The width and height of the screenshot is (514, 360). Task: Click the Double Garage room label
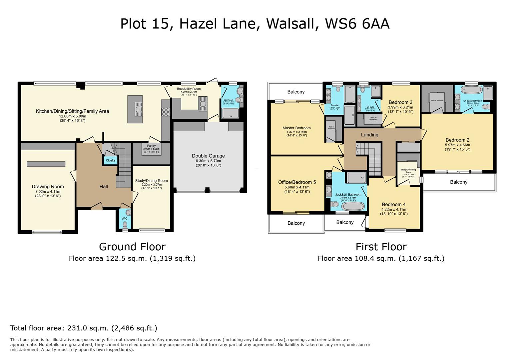[x=208, y=156]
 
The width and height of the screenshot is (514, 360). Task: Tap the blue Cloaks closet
[x=111, y=160]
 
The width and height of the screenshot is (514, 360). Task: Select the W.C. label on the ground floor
[x=125, y=219]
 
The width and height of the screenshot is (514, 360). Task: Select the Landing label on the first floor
[x=369, y=135]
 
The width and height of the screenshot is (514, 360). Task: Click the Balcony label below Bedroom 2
[x=458, y=182]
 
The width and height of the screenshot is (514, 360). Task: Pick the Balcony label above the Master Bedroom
[x=295, y=92]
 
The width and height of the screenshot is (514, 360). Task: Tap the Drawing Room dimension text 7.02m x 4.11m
[x=48, y=192]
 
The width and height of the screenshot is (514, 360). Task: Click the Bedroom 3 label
[x=400, y=102]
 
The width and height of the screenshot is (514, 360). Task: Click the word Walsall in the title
[x=290, y=24]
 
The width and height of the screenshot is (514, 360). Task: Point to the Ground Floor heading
[x=132, y=247]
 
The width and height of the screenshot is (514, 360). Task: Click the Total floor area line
[x=84, y=328]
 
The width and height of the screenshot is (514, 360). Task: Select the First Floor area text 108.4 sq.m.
[x=381, y=258]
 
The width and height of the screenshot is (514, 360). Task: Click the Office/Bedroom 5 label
[x=297, y=182]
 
